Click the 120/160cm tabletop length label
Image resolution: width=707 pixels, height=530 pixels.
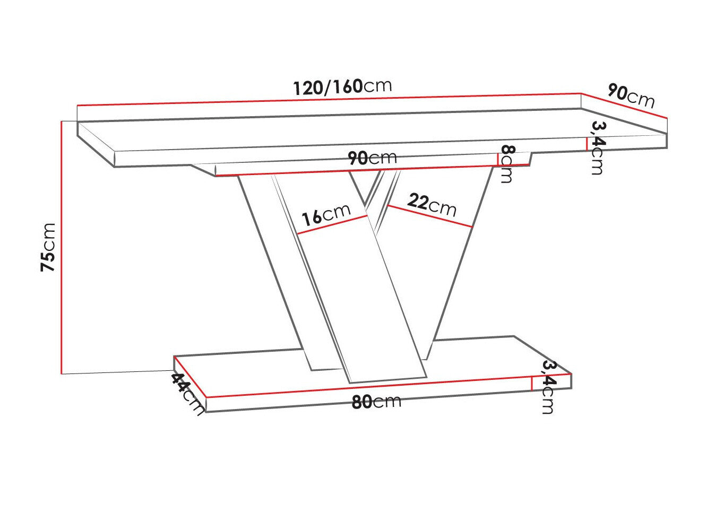pyautogui.click(x=342, y=86)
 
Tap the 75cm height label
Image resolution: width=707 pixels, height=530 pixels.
pyautogui.click(x=49, y=247)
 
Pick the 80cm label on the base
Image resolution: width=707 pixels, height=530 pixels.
pyautogui.click(x=376, y=402)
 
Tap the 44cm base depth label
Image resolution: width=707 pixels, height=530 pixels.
pyautogui.click(x=187, y=393)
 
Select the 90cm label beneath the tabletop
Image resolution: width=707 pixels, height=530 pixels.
pyautogui.click(x=372, y=158)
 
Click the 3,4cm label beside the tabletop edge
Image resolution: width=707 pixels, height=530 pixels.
pyautogui.click(x=598, y=147)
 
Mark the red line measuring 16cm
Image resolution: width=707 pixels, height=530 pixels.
pyautogui.click(x=332, y=225)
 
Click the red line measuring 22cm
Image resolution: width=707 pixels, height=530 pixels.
pyautogui.click(x=429, y=216)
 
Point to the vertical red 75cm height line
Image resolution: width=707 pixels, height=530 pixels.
pyautogui.click(x=62, y=247)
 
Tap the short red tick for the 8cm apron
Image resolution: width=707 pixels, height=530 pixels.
pyautogui.click(x=498, y=160)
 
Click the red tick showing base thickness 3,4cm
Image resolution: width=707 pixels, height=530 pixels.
pyautogui.click(x=532, y=383)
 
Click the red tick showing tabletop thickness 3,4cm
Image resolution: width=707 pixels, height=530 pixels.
pyautogui.click(x=586, y=144)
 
